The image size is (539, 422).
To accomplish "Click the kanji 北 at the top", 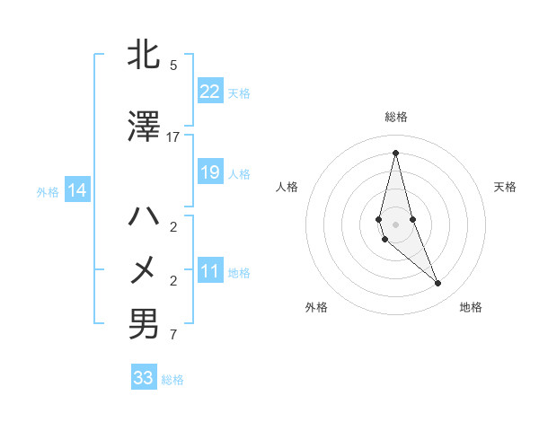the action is click(x=144, y=57).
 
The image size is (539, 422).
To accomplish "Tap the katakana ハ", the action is click(x=144, y=216).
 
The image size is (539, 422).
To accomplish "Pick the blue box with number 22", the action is click(x=210, y=92).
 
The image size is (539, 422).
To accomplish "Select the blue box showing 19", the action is click(x=210, y=172).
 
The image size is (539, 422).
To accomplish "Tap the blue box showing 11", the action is click(x=210, y=271).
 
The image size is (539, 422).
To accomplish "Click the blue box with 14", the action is click(x=77, y=190).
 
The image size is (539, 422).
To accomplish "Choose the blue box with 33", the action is click(x=144, y=378).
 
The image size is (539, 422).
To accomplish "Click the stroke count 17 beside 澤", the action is click(x=173, y=136).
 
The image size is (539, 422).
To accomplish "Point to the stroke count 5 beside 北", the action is click(x=173, y=65).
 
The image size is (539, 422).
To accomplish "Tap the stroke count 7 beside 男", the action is click(x=173, y=336).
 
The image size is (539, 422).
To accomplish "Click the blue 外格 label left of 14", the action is click(x=48, y=191).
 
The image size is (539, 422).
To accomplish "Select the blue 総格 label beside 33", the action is click(x=172, y=380).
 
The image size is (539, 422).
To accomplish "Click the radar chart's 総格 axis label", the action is click(x=395, y=117).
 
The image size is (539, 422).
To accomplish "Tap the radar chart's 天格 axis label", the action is click(x=505, y=187).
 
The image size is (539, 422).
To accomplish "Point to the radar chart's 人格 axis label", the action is click(x=287, y=187).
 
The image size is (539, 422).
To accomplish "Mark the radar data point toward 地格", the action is click(x=438, y=284).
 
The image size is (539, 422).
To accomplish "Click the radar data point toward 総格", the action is click(x=395, y=152).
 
